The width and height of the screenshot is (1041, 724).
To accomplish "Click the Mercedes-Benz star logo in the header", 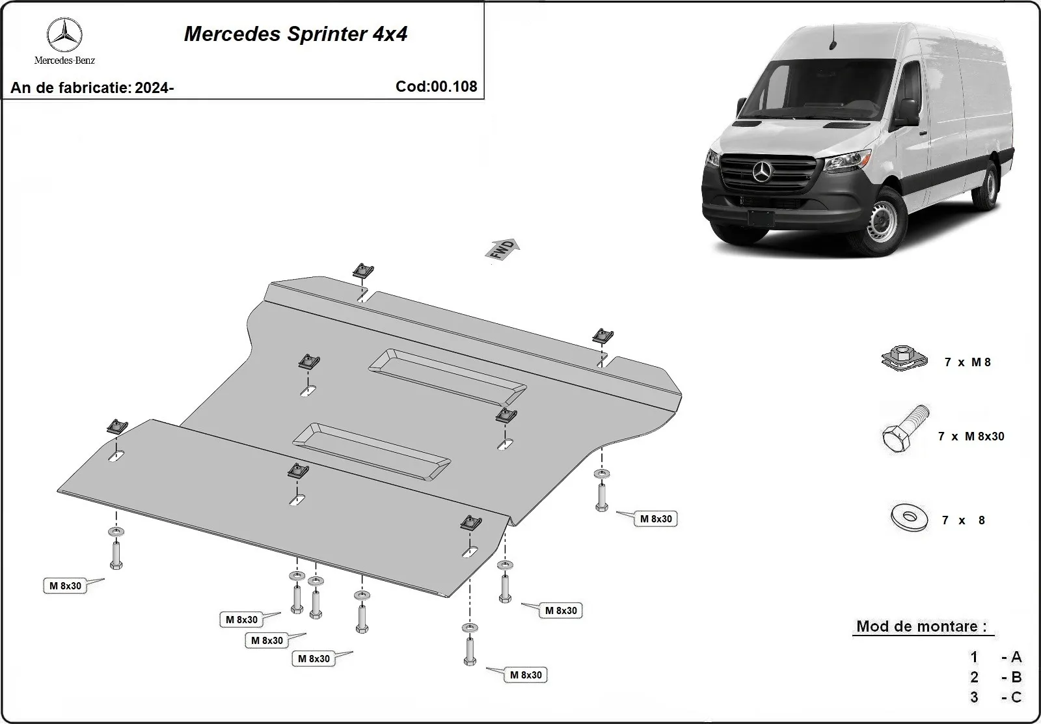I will point(64,36).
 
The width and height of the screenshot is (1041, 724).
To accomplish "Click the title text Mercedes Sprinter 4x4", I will point(295,34).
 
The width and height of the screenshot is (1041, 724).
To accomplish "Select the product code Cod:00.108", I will point(436,87).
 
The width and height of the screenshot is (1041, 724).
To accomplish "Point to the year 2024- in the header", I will point(154,88).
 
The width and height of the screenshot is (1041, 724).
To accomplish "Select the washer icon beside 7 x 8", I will point(908,518).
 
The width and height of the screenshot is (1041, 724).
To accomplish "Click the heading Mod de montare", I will point(921,626).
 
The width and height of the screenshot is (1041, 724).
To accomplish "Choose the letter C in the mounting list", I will point(1016,697).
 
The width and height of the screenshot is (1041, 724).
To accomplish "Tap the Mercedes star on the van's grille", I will point(762,172).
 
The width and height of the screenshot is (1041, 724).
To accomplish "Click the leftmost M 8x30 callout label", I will point(66,585).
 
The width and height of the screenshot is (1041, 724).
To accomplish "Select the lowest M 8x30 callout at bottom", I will point(526,675).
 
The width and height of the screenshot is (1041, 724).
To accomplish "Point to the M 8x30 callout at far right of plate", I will point(656,518).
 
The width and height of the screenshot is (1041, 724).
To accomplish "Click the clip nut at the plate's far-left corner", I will point(116,426).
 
